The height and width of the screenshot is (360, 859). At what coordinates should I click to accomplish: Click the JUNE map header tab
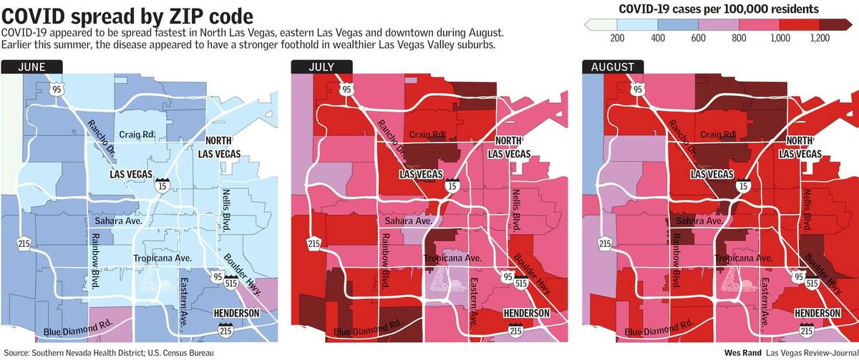[31, 67]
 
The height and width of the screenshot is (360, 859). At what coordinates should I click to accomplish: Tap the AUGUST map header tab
[613, 67]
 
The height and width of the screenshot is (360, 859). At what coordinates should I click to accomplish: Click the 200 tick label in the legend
[614, 37]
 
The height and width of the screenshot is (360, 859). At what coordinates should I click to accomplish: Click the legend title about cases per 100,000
[718, 9]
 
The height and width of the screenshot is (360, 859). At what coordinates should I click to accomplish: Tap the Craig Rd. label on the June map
[138, 134]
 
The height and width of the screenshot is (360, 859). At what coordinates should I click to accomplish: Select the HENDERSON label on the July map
[526, 313]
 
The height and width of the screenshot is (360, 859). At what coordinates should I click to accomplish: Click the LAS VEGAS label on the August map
[714, 174]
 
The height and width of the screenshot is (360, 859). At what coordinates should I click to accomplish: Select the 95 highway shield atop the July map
[346, 89]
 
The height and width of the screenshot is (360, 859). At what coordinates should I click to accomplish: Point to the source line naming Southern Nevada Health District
[107, 353]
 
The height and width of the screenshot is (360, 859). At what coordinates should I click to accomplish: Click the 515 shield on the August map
[812, 283]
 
